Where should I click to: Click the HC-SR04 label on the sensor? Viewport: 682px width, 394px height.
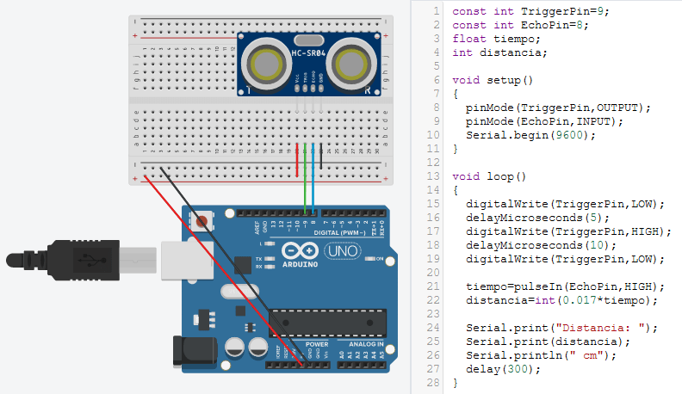pos(308,54)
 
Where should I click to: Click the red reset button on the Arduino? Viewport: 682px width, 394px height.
pos(203,221)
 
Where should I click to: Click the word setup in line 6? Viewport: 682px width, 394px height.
pos(504,80)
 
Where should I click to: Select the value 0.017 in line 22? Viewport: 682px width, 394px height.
pos(577,300)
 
